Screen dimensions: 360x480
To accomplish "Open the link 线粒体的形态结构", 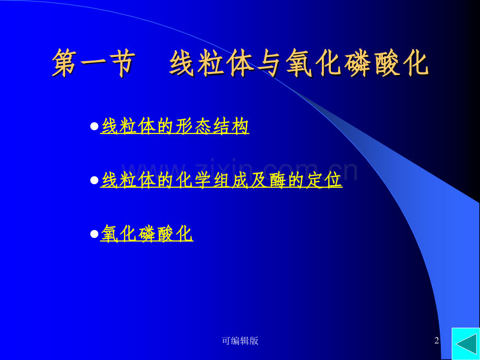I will point(175,126).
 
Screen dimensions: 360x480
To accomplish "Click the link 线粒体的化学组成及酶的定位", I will point(221,180).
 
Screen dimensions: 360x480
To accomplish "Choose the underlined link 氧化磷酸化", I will point(147,234).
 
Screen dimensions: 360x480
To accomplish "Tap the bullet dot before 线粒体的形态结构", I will point(94,126).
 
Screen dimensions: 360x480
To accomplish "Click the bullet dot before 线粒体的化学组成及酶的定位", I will point(94,180).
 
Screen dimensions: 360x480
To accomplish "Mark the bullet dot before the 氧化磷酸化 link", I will point(94,234).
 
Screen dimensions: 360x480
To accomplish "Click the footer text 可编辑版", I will point(240,341).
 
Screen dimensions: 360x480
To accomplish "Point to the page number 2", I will point(437,341).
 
